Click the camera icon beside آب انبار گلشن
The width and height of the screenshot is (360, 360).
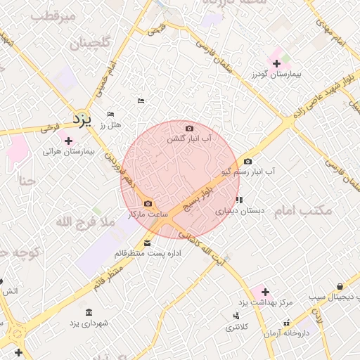click(189, 128)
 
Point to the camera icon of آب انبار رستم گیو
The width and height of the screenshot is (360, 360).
click(247, 162)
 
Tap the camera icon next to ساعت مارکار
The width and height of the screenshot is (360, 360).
click(147, 203)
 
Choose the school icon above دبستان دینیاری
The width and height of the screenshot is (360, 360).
click(239, 200)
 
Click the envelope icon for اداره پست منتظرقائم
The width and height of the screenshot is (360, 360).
click(146, 244)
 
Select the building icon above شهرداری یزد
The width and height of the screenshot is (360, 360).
click(89, 312)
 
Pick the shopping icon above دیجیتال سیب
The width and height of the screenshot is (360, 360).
click(340, 286)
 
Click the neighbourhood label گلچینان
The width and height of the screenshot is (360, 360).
click(89, 44)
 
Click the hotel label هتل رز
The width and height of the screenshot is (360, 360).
click(112, 124)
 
